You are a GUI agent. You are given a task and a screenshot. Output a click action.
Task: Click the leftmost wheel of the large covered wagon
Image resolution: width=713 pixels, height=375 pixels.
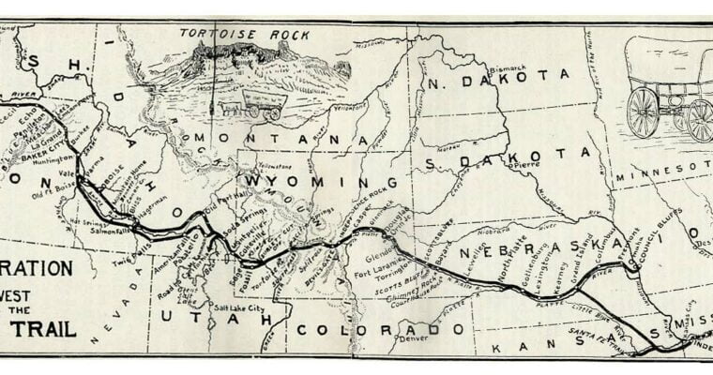pos(643,112)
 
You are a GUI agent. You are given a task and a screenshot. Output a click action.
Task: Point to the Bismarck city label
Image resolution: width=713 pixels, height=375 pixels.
pos(506,68)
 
